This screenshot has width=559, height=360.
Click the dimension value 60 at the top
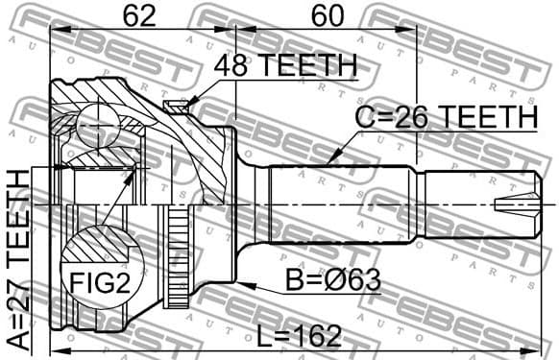pyautogui.click(x=328, y=16)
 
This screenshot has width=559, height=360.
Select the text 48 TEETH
pyautogui.click(x=283, y=66)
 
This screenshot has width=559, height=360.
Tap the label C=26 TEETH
pyautogui.click(x=446, y=117)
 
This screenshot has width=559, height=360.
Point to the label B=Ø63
pyautogui.click(x=332, y=282)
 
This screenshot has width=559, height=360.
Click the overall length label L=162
pyautogui.click(x=300, y=335)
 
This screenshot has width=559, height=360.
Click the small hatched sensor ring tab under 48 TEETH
pyautogui.click(x=175, y=107)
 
